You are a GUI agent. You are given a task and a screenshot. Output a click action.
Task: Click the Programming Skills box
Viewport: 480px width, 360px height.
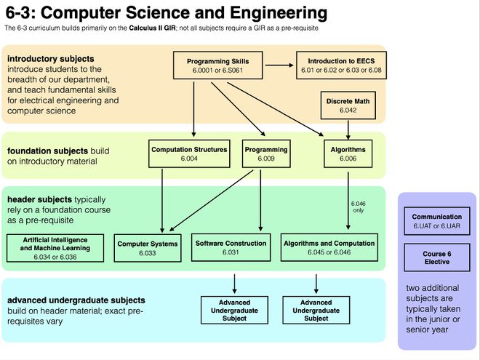(218, 65)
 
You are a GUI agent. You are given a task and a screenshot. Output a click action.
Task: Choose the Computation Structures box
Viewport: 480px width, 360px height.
(189, 153)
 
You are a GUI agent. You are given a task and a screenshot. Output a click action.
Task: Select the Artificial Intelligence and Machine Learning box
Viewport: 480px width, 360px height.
(56, 248)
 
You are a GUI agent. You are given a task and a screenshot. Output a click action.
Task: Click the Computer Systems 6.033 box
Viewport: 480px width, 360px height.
(148, 248)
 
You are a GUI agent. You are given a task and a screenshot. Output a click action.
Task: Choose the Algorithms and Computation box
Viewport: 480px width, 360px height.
(329, 248)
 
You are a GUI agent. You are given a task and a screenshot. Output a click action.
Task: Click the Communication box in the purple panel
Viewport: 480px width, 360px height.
(436, 220)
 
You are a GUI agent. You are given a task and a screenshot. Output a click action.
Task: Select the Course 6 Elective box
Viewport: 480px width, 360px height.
(436, 257)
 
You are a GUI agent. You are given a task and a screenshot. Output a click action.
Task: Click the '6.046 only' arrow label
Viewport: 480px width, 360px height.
(357, 207)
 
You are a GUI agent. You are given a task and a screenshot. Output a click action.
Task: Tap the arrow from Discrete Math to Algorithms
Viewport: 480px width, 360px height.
(349, 129)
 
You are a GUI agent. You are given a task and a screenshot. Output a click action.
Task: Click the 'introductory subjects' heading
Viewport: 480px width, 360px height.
(50, 58)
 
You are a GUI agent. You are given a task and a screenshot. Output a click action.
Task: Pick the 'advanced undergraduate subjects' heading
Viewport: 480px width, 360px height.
(76, 300)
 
